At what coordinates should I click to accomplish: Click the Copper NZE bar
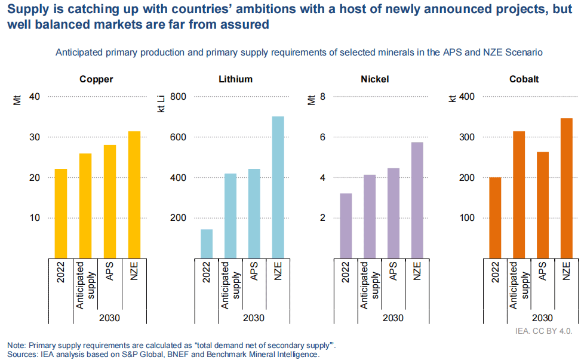pos(134,195)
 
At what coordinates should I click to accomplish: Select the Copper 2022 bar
pos(61,213)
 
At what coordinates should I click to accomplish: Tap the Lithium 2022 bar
pos(207,244)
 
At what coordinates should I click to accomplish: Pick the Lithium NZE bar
pos(278,187)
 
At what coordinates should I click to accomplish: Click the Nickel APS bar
pos(394,213)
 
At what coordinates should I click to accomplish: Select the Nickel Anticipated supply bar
pos(370,216)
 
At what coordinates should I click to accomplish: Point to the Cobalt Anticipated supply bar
pos(519,195)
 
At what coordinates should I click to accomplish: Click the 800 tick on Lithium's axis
pos(179,97)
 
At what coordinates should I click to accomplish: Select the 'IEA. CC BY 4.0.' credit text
pos(544,329)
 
